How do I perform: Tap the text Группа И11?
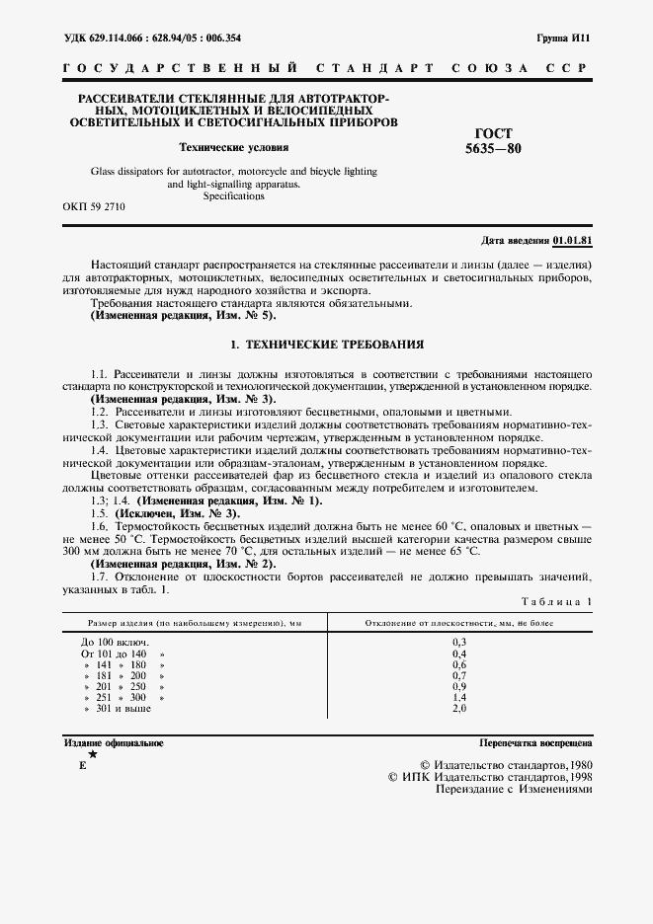click(x=563, y=38)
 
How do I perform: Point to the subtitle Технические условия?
click(x=234, y=148)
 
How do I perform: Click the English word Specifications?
click(x=234, y=196)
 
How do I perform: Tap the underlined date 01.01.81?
click(x=572, y=241)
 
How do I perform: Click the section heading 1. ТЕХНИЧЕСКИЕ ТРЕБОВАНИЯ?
click(x=326, y=346)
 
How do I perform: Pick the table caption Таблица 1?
click(x=555, y=601)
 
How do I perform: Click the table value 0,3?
click(x=458, y=642)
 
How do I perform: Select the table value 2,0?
click(x=458, y=709)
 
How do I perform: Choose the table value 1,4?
click(x=458, y=698)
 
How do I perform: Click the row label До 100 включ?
click(x=109, y=642)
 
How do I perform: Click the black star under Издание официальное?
click(x=93, y=754)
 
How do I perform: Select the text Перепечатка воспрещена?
click(x=535, y=742)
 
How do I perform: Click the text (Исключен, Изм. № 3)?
click(x=177, y=514)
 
